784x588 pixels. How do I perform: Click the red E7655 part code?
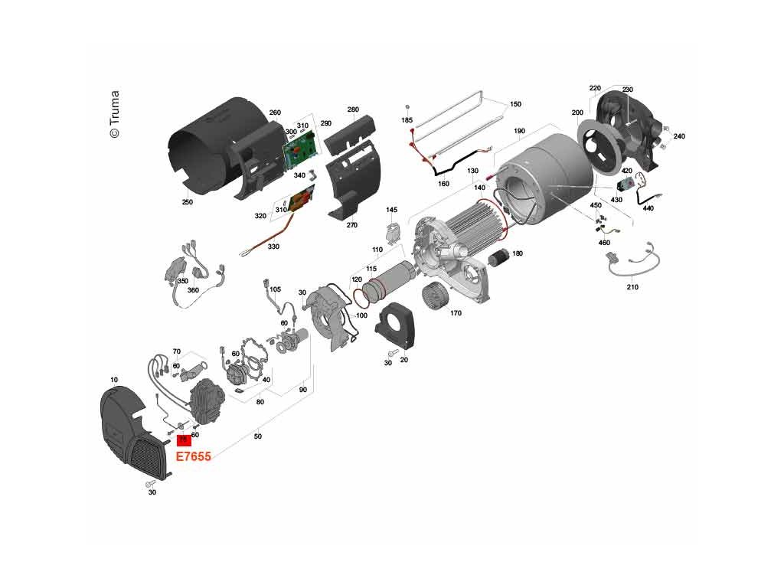tap(194, 457)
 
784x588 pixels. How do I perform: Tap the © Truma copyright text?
tap(114, 115)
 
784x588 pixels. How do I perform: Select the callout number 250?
tap(187, 203)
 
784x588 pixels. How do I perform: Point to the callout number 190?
tap(519, 132)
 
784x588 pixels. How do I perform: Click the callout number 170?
tap(456, 313)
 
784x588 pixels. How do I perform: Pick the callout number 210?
tap(632, 287)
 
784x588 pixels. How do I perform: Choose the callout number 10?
tap(114, 381)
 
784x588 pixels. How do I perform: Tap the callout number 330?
tap(273, 247)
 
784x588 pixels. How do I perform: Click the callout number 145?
tap(392, 210)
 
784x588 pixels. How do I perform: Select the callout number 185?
tap(407, 121)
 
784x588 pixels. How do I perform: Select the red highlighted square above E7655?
tap(184, 440)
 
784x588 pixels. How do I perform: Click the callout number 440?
tap(648, 208)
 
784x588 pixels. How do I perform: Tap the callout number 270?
tap(352, 225)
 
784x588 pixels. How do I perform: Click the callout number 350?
tap(182, 281)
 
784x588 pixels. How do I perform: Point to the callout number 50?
tap(258, 436)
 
